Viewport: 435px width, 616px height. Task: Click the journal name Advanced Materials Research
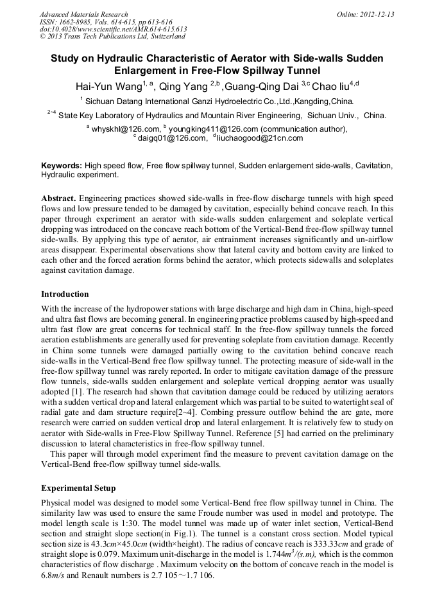click(83, 14)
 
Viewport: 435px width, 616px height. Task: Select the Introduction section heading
click(65, 294)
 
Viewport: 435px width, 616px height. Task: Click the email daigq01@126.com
click(170, 137)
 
